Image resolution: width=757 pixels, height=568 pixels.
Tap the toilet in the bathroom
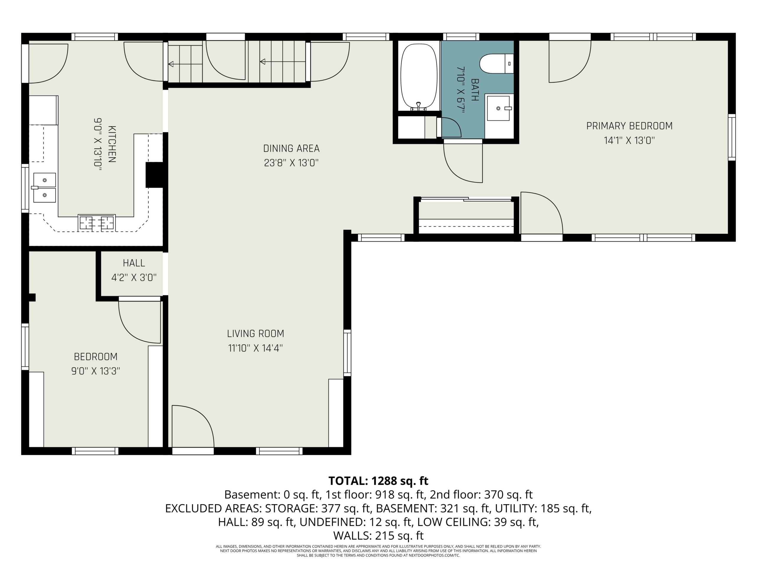496,63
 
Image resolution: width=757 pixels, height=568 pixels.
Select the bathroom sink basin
498,108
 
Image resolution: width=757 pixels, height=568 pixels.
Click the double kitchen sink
44,188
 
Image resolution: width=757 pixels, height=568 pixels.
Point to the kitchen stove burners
96,223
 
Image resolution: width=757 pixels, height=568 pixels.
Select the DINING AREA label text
291,148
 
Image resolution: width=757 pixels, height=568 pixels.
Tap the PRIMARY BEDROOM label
629,126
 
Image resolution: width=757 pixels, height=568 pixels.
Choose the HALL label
134,263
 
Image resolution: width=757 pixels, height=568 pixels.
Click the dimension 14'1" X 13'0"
629,141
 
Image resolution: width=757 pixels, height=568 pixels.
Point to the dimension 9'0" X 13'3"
96,371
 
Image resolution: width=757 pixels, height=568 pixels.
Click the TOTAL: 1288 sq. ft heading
378,481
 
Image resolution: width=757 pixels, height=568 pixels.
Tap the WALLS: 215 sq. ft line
378,535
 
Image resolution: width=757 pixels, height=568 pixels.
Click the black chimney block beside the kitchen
154,175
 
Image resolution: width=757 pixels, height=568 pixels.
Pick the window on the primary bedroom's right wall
732,137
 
